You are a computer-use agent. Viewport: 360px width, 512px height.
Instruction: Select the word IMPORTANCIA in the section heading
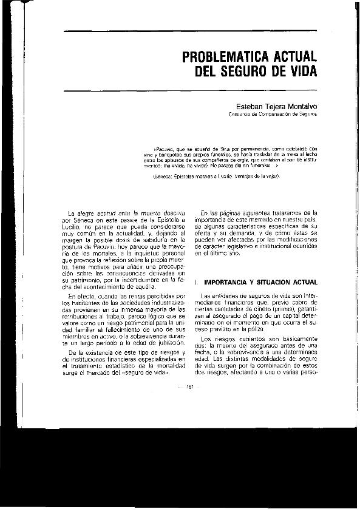click(231, 281)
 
